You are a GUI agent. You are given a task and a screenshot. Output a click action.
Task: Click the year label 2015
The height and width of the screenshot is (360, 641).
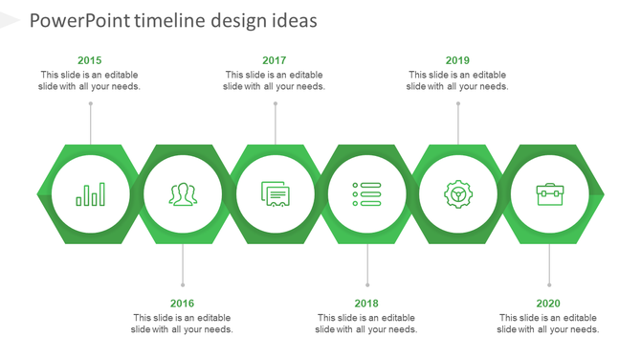(90, 60)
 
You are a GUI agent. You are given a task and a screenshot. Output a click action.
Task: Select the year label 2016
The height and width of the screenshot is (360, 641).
(182, 304)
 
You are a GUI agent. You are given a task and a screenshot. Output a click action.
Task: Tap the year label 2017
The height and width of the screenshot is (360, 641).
(274, 60)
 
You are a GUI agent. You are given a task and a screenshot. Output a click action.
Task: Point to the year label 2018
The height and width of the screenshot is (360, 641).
(366, 304)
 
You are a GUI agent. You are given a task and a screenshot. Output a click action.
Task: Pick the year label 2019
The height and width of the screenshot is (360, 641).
(457, 60)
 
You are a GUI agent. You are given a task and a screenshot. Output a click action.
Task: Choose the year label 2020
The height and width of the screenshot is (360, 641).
(548, 304)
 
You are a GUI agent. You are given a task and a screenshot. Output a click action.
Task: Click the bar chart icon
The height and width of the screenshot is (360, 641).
(91, 194)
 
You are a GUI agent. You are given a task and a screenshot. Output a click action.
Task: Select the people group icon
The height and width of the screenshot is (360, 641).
(183, 194)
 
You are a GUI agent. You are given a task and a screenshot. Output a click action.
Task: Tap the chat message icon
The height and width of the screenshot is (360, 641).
(275, 194)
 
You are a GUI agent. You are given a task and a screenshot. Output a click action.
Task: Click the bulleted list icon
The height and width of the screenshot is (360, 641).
(366, 194)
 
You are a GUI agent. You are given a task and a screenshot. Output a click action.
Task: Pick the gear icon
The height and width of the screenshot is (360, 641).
(458, 194)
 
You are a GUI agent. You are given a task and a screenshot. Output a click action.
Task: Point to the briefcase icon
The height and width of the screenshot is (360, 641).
(549, 194)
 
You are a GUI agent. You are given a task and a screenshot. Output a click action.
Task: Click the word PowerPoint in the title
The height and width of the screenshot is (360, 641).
(79, 21)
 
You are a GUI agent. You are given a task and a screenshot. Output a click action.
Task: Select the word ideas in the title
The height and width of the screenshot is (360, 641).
(291, 21)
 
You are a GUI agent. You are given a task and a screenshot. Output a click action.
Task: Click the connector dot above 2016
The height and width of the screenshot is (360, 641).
(183, 284)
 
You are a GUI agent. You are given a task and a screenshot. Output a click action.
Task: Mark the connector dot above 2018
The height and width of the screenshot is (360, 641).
(367, 284)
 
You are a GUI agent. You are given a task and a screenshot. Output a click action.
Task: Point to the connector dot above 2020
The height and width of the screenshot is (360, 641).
(549, 284)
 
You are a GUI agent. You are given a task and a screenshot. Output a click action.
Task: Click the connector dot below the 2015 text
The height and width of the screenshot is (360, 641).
(91, 103)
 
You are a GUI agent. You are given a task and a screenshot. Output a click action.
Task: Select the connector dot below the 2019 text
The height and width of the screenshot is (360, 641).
(458, 103)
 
